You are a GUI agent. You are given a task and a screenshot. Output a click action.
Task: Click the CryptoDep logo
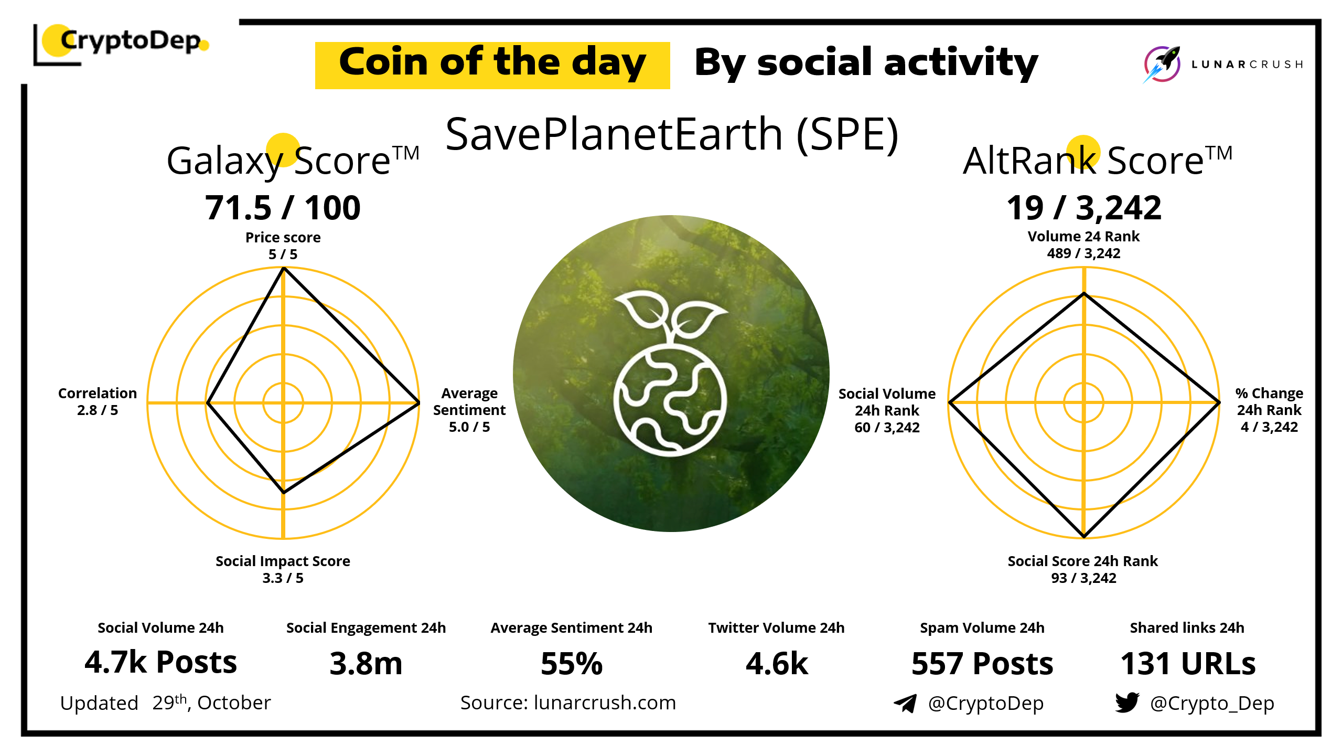[x=121, y=44]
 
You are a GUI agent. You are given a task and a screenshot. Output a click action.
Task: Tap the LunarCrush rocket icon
[x=1162, y=64]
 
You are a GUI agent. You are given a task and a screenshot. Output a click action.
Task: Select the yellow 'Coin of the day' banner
[x=492, y=65]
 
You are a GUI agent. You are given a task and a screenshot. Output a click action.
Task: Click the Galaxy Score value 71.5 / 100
[x=283, y=207]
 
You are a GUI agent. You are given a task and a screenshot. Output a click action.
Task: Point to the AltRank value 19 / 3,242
[x=1083, y=208]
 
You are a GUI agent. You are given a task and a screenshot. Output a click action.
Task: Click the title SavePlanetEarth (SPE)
[x=672, y=135]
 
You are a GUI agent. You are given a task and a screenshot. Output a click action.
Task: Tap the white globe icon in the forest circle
[x=671, y=373]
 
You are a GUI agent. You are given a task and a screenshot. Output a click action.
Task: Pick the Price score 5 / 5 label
[x=283, y=246]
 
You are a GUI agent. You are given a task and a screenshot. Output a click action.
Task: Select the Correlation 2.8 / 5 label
[x=98, y=401]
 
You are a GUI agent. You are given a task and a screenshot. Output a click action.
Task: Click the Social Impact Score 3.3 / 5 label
[x=283, y=569]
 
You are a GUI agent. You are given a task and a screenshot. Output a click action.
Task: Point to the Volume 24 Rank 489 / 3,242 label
[x=1083, y=244]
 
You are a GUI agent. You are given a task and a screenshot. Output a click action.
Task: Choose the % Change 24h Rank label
[x=1269, y=410]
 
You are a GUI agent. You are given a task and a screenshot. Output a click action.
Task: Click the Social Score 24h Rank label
[x=1083, y=569]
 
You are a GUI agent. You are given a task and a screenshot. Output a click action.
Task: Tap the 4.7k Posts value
[x=160, y=662]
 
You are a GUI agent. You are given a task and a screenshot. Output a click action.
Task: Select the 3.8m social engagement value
[x=366, y=663]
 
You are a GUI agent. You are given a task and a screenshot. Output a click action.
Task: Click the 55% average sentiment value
[x=572, y=663]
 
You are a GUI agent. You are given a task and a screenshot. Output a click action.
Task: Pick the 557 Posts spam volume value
[x=982, y=663]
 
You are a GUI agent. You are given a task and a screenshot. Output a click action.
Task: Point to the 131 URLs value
[x=1188, y=663]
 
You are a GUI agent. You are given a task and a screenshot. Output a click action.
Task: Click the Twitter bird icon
[x=1127, y=702]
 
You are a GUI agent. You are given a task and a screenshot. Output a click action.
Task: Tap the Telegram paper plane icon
[x=905, y=703]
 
